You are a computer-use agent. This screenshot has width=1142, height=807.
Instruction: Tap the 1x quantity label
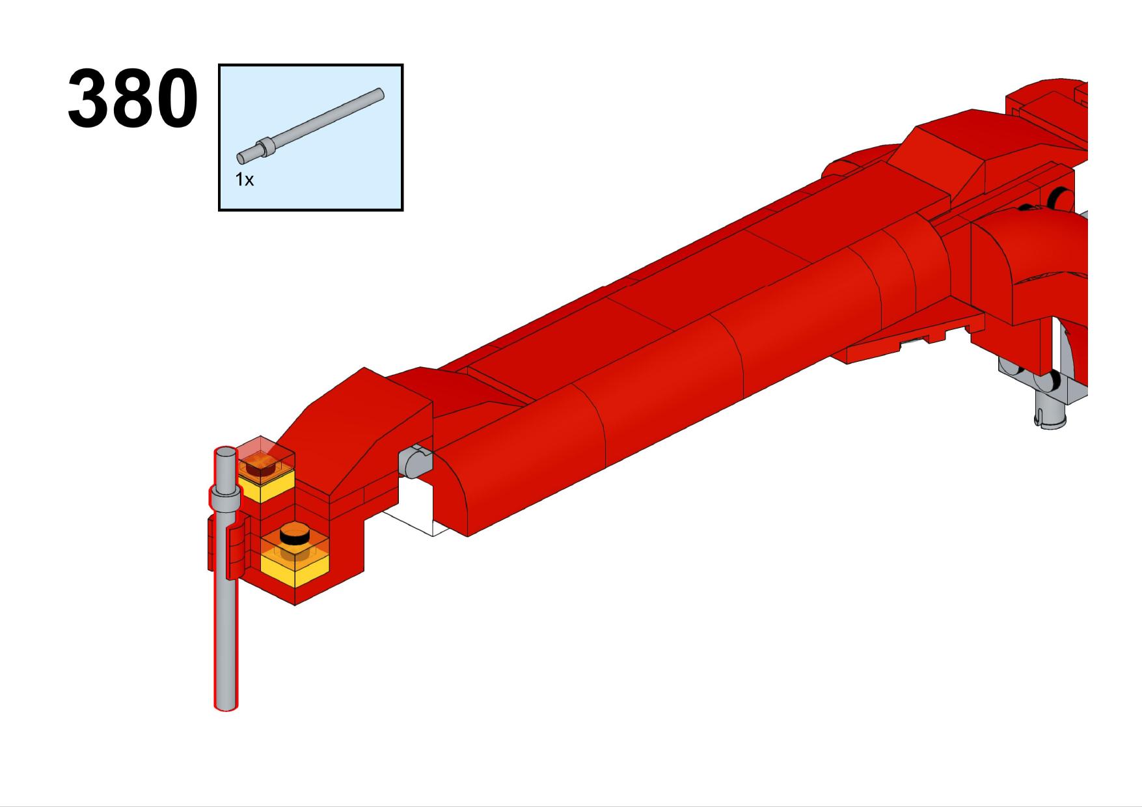tap(244, 180)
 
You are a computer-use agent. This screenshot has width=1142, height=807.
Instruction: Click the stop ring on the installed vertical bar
tap(224, 498)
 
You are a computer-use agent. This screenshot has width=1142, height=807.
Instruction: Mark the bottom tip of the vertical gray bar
tap(226, 707)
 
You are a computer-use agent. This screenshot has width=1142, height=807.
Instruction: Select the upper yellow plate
tap(266, 486)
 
